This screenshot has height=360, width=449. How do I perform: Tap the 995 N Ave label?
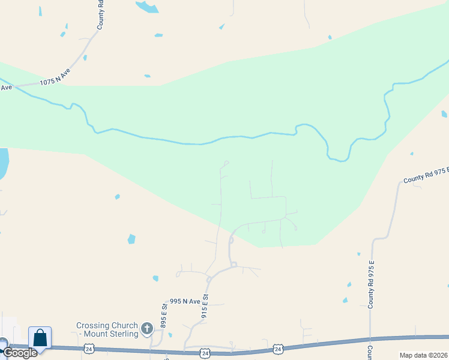pos(184,301)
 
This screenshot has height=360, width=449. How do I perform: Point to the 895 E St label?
pos(163,316)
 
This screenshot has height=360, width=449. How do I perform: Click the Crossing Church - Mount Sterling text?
pos(107,329)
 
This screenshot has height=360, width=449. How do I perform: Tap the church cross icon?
pos(147,328)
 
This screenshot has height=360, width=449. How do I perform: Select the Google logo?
pos(20,353)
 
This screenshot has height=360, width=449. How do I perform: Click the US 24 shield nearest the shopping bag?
pos(89,349)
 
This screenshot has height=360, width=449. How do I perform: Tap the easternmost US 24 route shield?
pos(278,348)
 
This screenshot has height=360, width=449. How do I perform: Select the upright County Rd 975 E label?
pos(372,285)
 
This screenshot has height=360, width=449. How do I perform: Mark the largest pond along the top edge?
pos(147,7)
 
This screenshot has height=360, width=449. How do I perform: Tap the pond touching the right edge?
pos(445,113)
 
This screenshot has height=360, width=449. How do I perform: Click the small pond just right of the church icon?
pos(170,335)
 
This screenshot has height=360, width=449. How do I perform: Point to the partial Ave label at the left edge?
pos(6,88)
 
